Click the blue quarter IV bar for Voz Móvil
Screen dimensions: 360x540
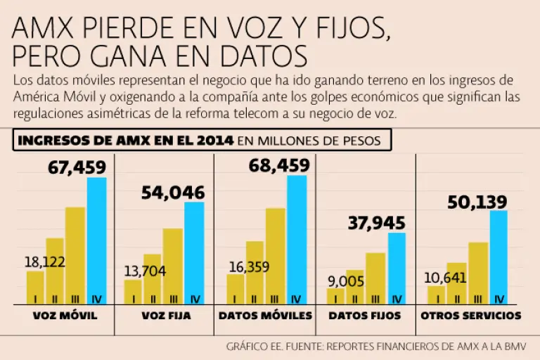pyautogui.click(x=96, y=240)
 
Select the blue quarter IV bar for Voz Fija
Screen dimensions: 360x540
pyautogui.click(x=194, y=253)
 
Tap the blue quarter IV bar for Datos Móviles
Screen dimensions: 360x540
pyautogui.click(x=296, y=239)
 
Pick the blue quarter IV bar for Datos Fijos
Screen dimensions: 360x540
pyautogui.click(x=397, y=269)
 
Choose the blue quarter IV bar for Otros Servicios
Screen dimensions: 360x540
pyautogui.click(x=498, y=257)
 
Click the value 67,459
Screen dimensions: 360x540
pyautogui.click(x=77, y=167)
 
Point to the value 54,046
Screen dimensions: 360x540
pyautogui.click(x=173, y=193)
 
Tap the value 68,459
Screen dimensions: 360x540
pyautogui.click(x=278, y=166)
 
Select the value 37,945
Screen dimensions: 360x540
pyautogui.click(x=377, y=223)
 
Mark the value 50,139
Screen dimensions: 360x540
pyautogui.click(x=477, y=202)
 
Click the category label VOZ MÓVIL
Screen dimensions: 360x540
pyautogui.click(x=65, y=316)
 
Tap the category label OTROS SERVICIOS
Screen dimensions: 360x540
pyautogui.click(x=470, y=316)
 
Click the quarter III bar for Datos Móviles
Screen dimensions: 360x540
pyautogui.click(x=276, y=256)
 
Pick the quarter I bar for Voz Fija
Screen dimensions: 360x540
pyautogui.click(x=133, y=292)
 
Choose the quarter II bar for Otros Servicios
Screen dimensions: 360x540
pyautogui.click(x=456, y=283)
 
